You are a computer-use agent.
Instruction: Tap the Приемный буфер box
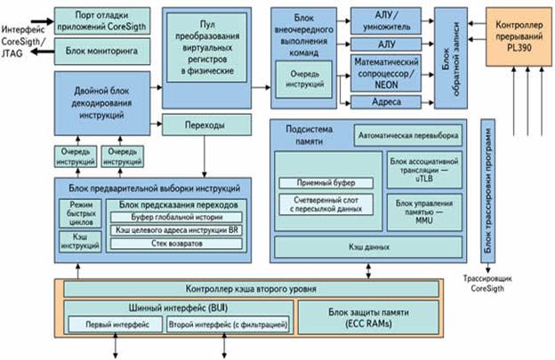tap(325, 183)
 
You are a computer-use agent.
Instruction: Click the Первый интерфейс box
tap(111, 325)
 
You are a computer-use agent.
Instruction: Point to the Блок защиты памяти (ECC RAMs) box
tap(368, 318)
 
